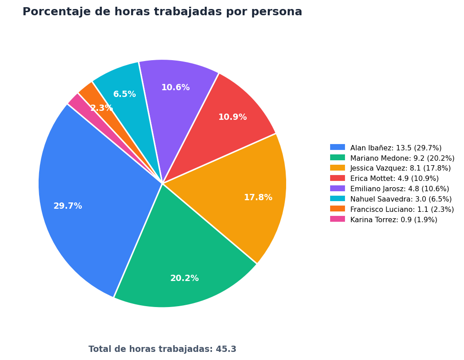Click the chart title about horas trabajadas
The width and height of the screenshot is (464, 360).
[162, 12]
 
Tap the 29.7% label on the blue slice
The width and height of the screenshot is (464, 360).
[68, 206]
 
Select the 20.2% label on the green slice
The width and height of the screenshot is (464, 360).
[184, 278]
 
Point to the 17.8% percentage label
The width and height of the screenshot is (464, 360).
[258, 198]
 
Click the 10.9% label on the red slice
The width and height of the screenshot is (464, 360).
[233, 117]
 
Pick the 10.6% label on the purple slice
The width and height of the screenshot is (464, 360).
[176, 87]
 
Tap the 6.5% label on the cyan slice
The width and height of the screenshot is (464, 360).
[124, 94]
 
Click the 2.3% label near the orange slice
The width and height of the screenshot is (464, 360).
[102, 108]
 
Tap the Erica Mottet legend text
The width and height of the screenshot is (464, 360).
[394, 178]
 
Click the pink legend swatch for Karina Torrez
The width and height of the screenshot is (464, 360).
[338, 219]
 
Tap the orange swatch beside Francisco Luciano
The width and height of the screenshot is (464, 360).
[338, 209]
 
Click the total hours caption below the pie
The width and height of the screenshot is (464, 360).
[163, 349]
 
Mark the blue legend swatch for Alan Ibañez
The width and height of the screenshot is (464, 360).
[338, 147]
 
